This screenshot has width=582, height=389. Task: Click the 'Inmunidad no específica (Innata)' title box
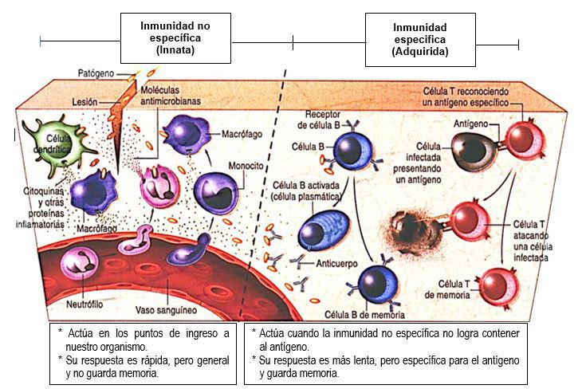coord(175,37)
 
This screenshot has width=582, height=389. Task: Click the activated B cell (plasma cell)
coord(323,225)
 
